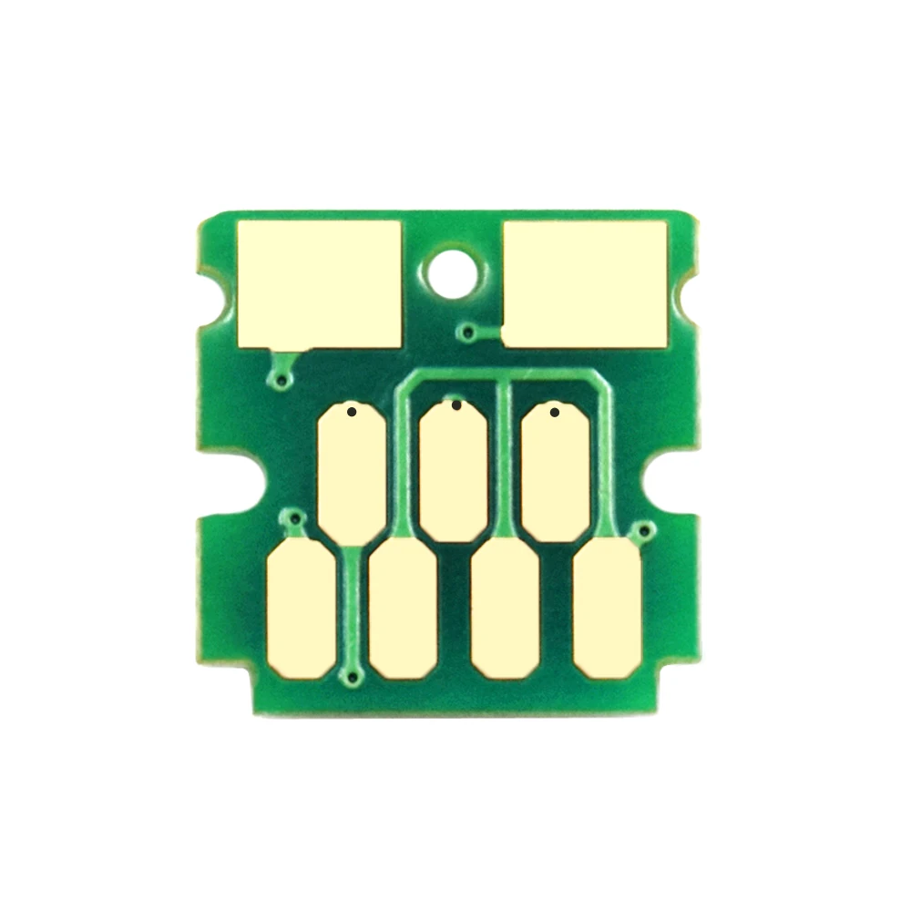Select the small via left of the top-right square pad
tap(468, 333)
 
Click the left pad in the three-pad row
tap(353, 471)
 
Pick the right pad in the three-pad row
tap(556, 471)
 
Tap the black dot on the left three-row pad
tap(352, 413)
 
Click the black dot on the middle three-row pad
tap(455, 405)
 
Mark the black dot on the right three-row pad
tap(555, 413)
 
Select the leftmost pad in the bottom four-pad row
tap(302, 606)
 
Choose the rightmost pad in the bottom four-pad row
tap(608, 606)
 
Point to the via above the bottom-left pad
tap(292, 519)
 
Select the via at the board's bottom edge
tap(353, 676)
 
